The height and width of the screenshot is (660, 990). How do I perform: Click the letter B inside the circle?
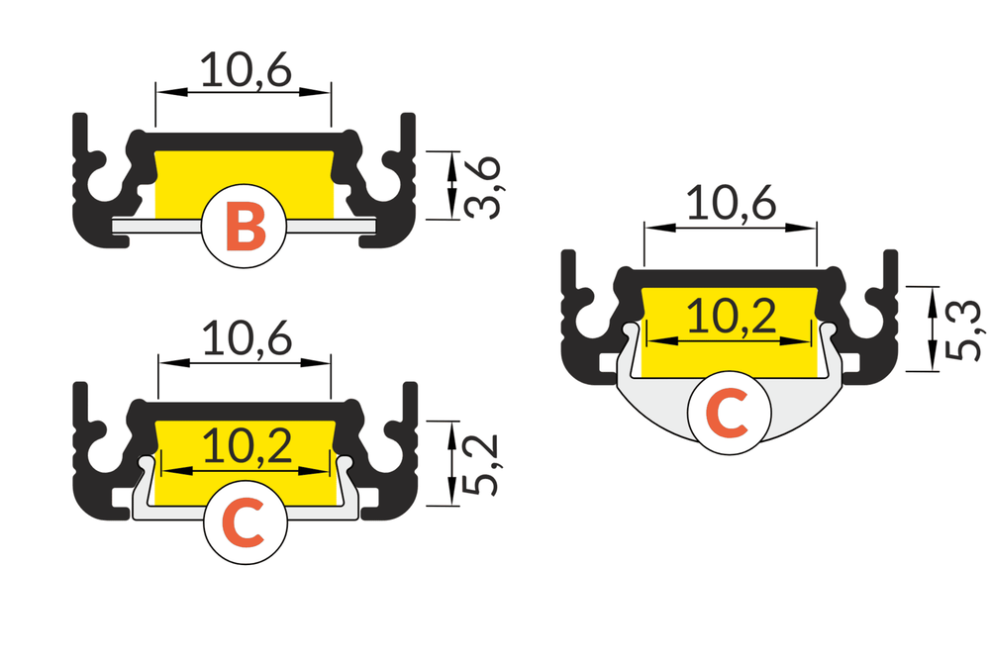pyautogui.click(x=245, y=225)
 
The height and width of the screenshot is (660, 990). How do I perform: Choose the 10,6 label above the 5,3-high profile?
pyautogui.click(x=731, y=204)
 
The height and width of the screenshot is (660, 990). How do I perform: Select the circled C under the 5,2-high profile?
pyautogui.click(x=245, y=524)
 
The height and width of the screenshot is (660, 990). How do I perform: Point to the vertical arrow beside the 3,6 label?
pyautogui.click(x=452, y=184)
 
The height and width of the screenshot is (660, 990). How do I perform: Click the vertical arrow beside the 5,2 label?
pyautogui.click(x=452, y=461)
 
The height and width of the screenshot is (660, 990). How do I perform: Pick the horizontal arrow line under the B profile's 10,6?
pyautogui.click(x=244, y=93)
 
